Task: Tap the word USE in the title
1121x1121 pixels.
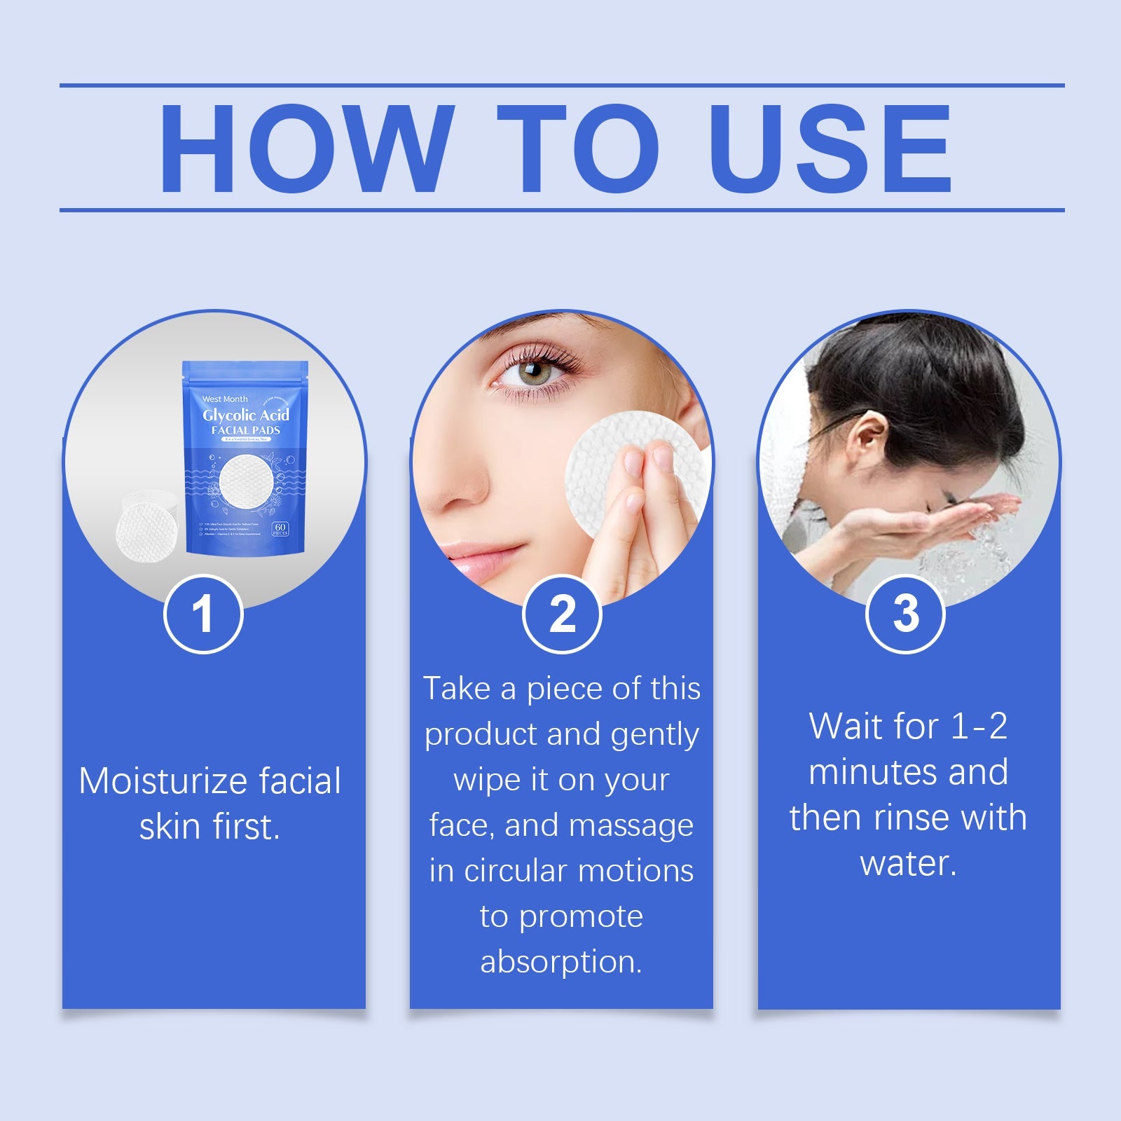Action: [x=830, y=148]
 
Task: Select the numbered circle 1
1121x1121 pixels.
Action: [x=203, y=614]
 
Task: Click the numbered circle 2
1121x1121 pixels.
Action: [x=562, y=614]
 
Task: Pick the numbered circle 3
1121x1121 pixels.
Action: [x=905, y=614]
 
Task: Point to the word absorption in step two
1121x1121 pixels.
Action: [x=560, y=961]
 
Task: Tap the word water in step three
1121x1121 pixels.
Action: [x=907, y=863]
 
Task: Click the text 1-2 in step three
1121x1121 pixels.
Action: [x=979, y=727]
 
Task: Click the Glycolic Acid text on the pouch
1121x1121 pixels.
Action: [x=245, y=415]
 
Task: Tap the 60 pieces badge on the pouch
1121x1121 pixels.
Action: [x=280, y=529]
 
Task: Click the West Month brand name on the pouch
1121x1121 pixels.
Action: [x=224, y=399]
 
